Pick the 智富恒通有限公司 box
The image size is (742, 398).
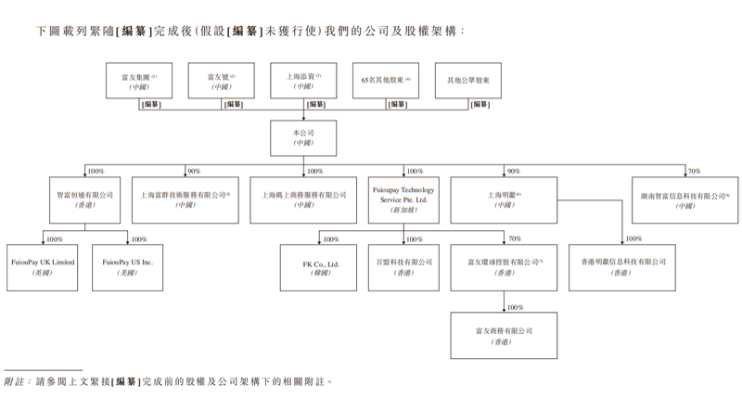tap(85, 200)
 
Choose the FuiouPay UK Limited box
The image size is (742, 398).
tap(43, 268)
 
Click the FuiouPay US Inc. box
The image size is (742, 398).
tap(127, 268)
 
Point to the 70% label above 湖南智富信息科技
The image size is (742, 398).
tap(694, 172)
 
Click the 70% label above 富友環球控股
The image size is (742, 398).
tap(515, 239)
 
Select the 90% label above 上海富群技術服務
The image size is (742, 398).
tap(194, 172)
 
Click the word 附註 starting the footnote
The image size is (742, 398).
tap(14, 380)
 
